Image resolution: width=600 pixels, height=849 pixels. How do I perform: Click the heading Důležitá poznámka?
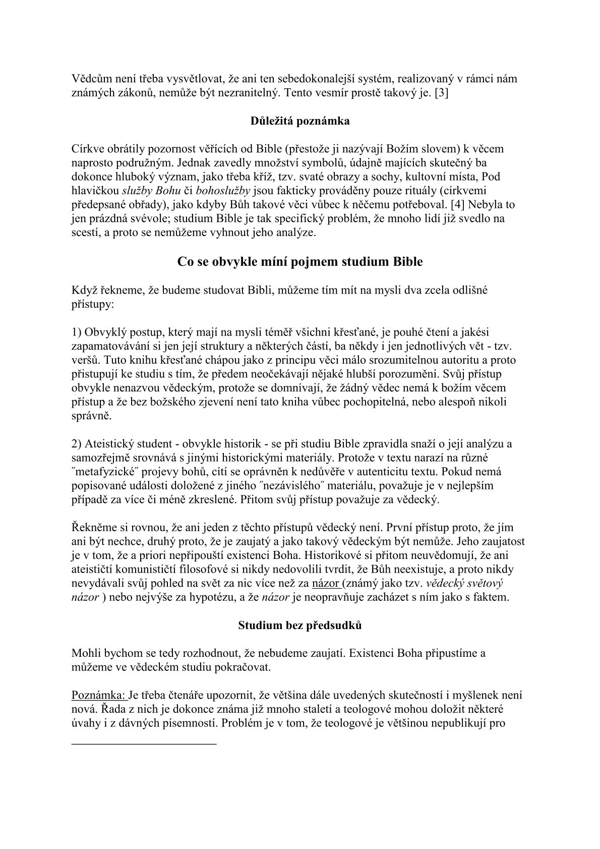point(300,121)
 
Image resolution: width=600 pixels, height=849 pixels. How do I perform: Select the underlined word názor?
point(327,584)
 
